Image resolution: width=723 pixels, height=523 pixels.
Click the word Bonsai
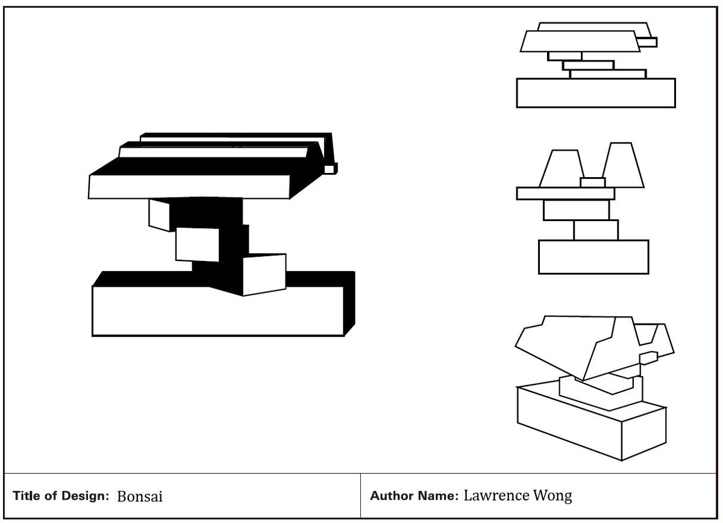point(140,497)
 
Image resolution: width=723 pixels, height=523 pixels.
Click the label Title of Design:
point(61,496)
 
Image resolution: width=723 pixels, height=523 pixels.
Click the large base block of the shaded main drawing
point(217,311)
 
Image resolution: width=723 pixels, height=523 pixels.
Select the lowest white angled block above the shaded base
point(264,275)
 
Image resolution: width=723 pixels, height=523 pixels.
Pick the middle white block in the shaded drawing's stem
point(198,244)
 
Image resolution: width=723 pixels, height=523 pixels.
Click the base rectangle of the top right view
point(595,93)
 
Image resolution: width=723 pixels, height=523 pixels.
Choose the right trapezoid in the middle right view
point(624,165)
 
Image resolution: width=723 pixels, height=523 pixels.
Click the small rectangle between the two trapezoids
point(592,182)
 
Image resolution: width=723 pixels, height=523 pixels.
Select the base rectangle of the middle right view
point(593,257)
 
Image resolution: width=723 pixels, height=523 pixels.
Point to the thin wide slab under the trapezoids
point(565,193)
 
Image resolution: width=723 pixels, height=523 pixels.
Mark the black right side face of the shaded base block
point(349,304)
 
